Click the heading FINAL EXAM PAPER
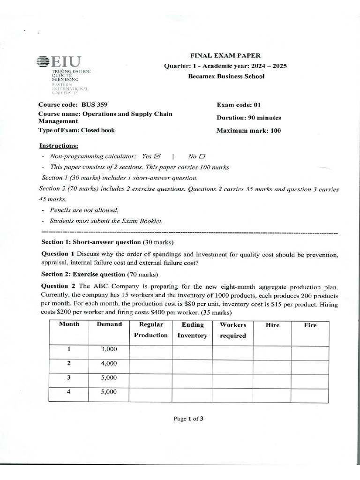tap(225, 55)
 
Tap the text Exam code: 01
tap(238, 105)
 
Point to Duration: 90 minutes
tap(248, 118)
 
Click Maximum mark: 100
tap(248, 131)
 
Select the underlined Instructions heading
tap(59, 146)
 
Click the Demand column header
tap(109, 324)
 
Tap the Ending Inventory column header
tap(193, 330)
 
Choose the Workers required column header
tap(233, 330)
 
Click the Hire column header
tap(272, 325)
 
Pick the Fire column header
tap(310, 325)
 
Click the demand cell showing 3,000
tap(109, 349)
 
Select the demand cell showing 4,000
tap(109, 363)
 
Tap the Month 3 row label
tap(69, 377)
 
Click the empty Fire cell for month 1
tap(310, 352)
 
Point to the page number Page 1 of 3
tap(188, 419)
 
